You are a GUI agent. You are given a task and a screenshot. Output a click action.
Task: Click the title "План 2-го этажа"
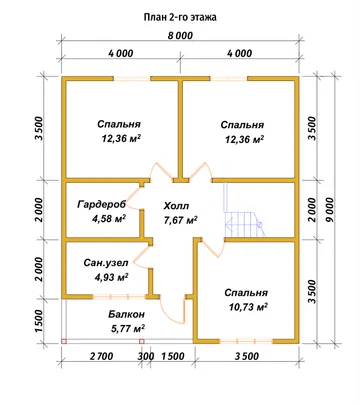tap(180, 17)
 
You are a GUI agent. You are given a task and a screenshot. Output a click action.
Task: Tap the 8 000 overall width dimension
tap(180, 35)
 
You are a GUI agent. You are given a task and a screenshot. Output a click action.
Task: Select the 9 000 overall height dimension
tap(330, 210)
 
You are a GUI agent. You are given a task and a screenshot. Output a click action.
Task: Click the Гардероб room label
tap(102, 204)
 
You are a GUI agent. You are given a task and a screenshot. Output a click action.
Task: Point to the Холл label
tap(176, 206)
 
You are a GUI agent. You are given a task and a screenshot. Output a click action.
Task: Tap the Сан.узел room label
tap(106, 263)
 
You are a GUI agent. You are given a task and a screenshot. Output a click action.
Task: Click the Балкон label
tap(126, 314)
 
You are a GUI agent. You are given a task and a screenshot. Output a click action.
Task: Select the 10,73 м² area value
tap(248, 307)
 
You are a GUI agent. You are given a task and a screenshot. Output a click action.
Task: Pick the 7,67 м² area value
tap(180, 220)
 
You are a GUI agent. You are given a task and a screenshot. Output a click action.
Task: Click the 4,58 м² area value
tap(109, 219)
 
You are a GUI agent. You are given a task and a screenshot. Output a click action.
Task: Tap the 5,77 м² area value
tap(128, 329)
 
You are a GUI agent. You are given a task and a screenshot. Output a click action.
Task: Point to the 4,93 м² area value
tap(112, 277)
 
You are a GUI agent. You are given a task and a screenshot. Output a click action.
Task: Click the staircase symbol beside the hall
tap(244, 211)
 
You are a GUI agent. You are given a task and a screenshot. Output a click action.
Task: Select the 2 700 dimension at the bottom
tap(101, 356)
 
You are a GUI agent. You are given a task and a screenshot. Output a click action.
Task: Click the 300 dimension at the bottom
tap(146, 356)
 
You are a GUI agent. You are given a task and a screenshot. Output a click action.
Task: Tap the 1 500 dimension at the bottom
tap(173, 356)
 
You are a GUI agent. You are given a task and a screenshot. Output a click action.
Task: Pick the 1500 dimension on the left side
tap(39, 321)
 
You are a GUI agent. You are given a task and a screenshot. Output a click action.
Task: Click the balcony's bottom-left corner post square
tap(64, 341)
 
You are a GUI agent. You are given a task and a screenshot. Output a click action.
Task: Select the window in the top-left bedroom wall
tap(131, 79)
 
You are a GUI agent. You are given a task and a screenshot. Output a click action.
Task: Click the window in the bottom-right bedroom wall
tap(246, 341)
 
